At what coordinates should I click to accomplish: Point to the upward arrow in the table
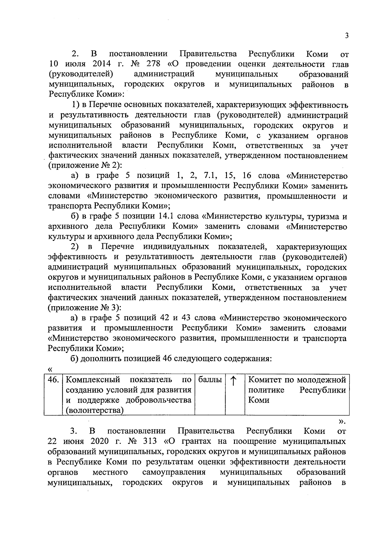tap(234, 381)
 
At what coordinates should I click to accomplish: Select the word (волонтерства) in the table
tap(94, 411)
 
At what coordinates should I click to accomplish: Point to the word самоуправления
tap(174, 472)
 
